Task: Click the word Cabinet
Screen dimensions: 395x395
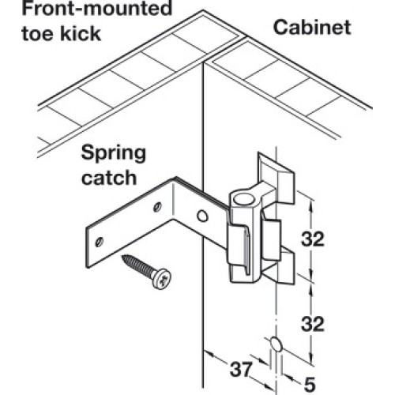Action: [312, 28]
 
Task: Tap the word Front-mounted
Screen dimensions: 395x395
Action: [97, 9]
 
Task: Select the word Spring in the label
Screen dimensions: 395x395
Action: [114, 154]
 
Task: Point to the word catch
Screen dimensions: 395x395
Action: [109, 178]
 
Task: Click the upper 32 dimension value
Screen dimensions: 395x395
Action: [313, 239]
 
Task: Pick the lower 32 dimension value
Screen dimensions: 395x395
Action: [313, 324]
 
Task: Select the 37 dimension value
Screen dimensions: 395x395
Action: [241, 370]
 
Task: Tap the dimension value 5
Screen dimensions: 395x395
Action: [310, 385]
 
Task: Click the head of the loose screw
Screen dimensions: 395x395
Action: [161, 279]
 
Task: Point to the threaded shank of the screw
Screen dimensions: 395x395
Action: [137, 265]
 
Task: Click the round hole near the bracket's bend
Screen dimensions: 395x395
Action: [202, 216]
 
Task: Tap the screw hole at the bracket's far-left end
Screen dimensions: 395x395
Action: [99, 242]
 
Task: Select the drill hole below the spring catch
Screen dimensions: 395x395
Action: [276, 344]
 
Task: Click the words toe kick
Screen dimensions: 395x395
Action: [62, 34]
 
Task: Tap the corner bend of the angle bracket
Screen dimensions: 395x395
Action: [174, 200]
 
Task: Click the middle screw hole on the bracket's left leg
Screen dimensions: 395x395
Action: [157, 207]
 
